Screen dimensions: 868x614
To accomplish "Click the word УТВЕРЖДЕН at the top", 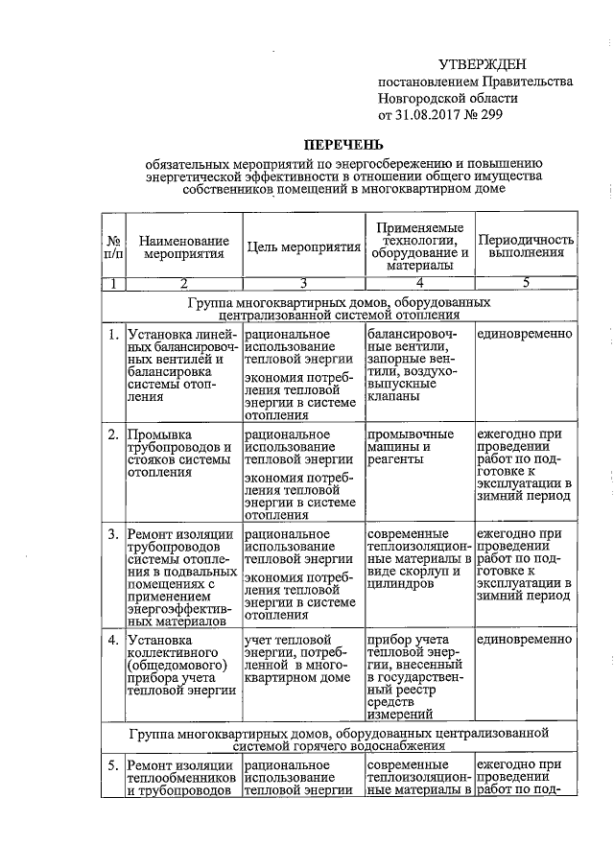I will tap(482, 64).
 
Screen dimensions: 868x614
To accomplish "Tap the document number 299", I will tap(487, 115).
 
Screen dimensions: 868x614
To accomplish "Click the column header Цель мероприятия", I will tap(303, 246).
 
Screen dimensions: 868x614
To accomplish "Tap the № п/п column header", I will tap(113, 246).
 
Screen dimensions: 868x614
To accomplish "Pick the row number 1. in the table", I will tap(114, 334).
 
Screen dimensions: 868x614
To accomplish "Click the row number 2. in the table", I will tap(114, 434).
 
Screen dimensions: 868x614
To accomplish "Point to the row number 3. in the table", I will tap(114, 533).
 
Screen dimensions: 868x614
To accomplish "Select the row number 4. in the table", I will tap(114, 639).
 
